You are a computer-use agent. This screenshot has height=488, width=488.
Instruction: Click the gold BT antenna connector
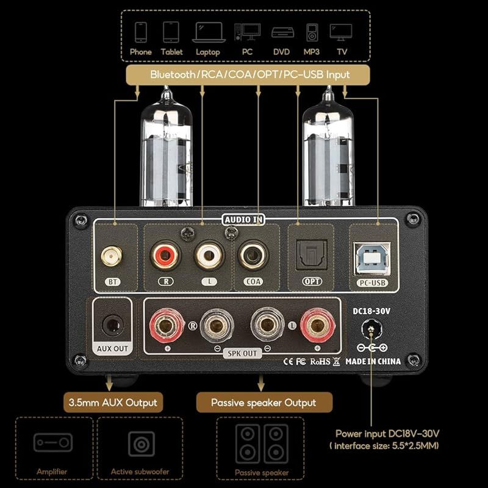point(112,256)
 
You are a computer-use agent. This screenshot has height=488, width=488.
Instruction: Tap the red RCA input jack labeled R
point(165,256)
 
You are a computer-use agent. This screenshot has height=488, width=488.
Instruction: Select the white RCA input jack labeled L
point(209,256)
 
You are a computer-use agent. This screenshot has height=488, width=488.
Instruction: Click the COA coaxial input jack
point(253,256)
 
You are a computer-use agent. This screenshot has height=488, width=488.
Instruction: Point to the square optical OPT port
point(312,255)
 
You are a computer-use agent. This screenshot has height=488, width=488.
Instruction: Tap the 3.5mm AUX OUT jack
point(113,325)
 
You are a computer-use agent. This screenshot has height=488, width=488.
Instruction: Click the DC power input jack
point(371,329)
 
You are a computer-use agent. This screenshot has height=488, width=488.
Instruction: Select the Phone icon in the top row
point(141,32)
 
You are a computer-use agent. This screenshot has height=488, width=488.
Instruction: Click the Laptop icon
point(209,32)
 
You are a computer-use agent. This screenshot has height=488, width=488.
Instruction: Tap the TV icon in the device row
point(341,32)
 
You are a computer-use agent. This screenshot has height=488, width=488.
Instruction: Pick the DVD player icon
point(282,32)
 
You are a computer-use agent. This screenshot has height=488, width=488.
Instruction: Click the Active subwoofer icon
point(142,444)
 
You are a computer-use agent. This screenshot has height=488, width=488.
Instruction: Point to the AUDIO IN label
point(243,220)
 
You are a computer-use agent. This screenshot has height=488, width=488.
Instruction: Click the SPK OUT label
point(242,354)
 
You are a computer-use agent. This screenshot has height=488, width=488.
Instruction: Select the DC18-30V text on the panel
point(371,311)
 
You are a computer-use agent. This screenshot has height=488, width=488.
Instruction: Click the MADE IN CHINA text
point(373,361)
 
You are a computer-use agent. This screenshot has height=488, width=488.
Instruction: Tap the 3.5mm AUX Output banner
point(113,403)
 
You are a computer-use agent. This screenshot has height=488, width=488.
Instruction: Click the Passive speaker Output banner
point(264,403)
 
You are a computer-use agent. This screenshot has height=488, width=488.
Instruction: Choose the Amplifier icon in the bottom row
point(53,442)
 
